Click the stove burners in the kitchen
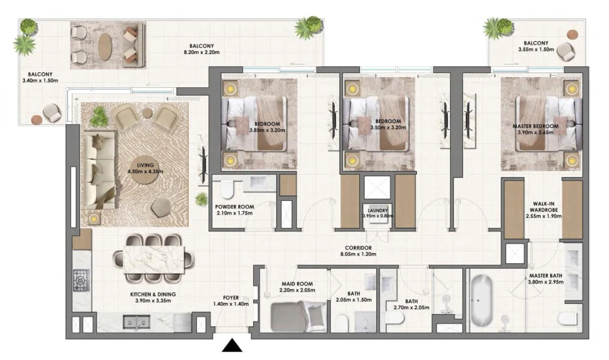[x=81, y=278]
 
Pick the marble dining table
[x=152, y=258]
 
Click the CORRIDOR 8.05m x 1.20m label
[x=358, y=251]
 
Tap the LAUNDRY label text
[x=377, y=211]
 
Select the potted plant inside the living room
[x=99, y=117]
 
